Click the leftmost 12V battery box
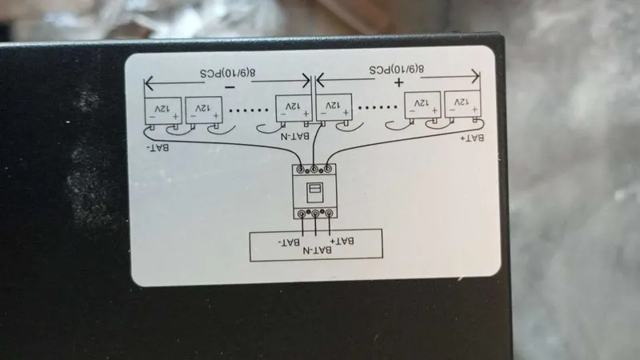tap(163, 110)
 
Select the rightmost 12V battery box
tap(462, 105)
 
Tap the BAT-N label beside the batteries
tap(295, 136)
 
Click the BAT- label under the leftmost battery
tap(158, 147)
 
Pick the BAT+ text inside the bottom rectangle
tap(342, 242)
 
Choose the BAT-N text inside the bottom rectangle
tap(317, 250)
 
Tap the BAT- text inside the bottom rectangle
tap(289, 243)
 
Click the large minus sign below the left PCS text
tap(230, 87)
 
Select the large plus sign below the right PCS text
tap(398, 83)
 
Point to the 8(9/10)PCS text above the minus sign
tap(227, 74)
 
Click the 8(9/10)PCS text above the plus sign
tap(397, 70)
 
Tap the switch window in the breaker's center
tap(314, 193)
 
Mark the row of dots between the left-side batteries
tap(249, 110)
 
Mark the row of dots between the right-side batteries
tap(378, 108)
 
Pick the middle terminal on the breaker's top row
tap(314, 169)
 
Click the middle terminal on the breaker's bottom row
tap(315, 214)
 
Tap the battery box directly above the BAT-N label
tap(294, 108)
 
